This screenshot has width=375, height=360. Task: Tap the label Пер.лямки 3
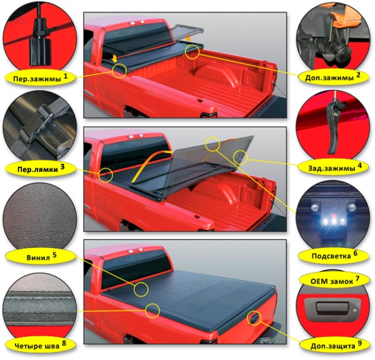37,168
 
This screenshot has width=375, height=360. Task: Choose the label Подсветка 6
334,254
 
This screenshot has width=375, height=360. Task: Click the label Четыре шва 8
37,344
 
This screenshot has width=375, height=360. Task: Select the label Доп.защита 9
334,344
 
